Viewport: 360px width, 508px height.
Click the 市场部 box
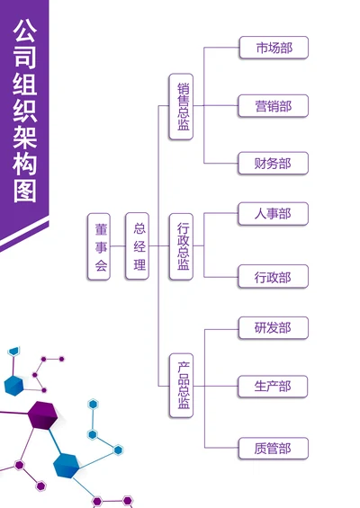click(274, 48)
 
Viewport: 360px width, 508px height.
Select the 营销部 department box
click(274, 105)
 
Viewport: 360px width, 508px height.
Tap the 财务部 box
click(274, 163)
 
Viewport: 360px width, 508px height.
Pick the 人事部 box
click(274, 214)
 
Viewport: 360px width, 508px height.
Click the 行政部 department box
click(274, 277)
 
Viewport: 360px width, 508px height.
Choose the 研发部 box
click(274, 327)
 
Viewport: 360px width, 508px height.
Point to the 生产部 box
click(274, 387)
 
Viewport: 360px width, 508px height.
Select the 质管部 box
click(274, 448)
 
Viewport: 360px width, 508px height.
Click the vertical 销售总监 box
click(182, 106)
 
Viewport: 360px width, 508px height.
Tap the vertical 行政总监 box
click(182, 245)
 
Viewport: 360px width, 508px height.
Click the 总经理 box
click(137, 245)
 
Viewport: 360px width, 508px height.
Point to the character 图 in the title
click(25, 189)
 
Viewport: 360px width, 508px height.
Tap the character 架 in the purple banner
click(25, 126)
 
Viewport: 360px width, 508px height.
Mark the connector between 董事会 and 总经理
click(118, 245)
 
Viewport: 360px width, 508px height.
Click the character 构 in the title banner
click(25, 157)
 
